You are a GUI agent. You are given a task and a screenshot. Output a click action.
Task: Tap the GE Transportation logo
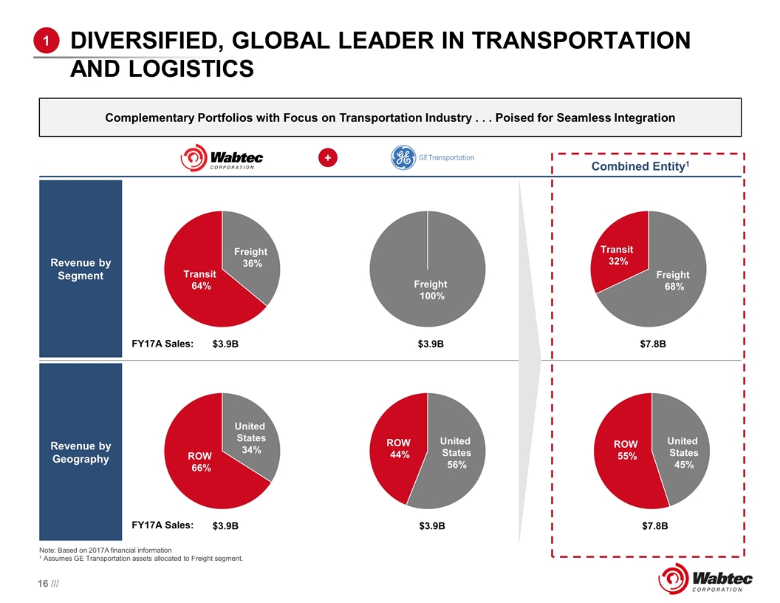click(x=433, y=158)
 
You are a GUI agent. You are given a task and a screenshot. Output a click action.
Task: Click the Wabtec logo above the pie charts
click(x=222, y=159)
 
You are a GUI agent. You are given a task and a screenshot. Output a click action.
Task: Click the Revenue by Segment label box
click(x=81, y=269)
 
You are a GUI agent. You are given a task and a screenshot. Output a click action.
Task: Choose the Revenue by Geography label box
click(x=81, y=452)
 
